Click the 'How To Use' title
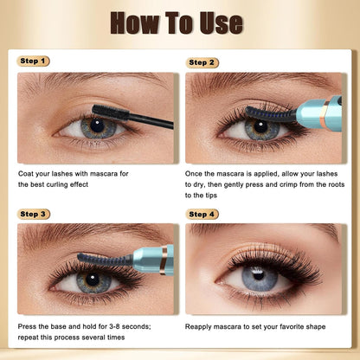click(x=179, y=22)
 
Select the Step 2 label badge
click(x=202, y=62)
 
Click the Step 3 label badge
click(x=33, y=214)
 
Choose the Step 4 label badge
click(x=202, y=214)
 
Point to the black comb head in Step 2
click(x=268, y=112)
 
